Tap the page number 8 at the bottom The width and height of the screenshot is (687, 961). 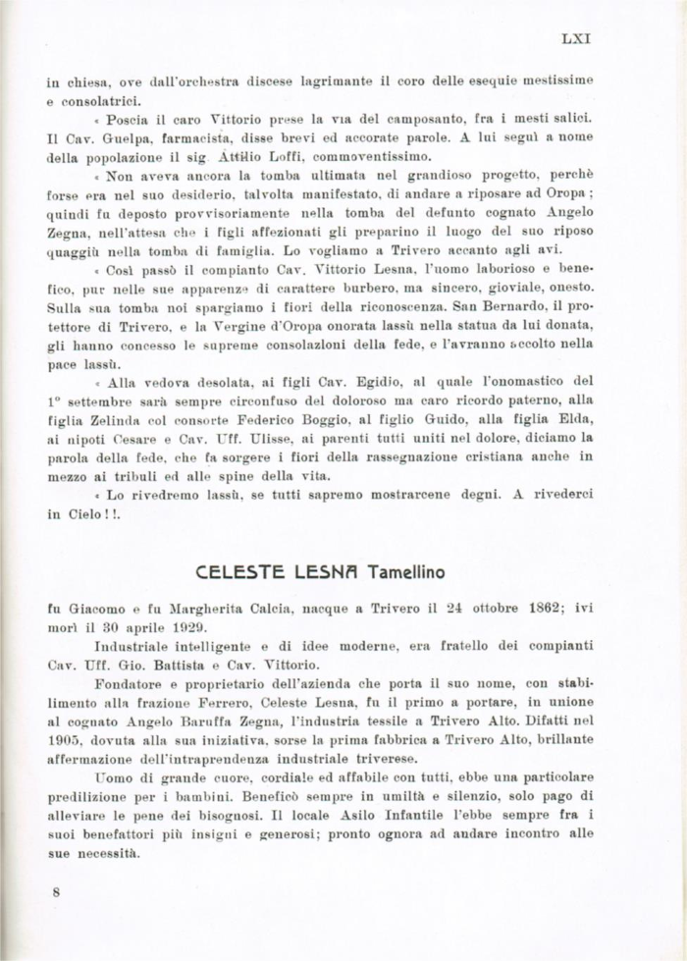coord(57,892)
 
